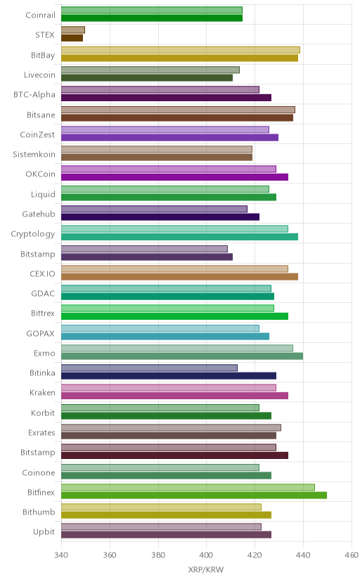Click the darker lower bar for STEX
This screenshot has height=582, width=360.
coord(72,38)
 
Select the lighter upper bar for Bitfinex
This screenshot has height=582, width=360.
coord(188,487)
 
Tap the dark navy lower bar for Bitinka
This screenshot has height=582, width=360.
coord(169,376)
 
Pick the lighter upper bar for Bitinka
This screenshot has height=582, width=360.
coord(149,368)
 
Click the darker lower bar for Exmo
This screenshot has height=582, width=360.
coord(182,356)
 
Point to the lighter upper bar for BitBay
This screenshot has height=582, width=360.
coord(181,50)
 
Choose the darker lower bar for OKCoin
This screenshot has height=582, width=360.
coord(174,177)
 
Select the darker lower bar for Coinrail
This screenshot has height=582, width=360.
coord(152,18)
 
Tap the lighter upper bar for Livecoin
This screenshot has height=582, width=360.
coord(150,70)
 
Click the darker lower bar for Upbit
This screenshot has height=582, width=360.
coord(166,535)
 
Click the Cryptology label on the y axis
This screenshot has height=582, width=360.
coord(32,234)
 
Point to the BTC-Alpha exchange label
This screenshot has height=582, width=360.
coord(34,95)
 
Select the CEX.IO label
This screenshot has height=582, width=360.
coord(42,274)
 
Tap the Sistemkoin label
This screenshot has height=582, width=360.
coord(34,155)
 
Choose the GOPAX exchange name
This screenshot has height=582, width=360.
coord(41,334)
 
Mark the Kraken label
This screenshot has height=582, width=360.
coord(42,393)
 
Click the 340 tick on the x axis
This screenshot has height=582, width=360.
coord(61,555)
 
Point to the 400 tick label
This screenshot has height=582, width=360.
coord(206,555)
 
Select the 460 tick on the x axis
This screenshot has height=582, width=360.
coord(352,555)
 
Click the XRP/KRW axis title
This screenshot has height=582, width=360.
coord(206,570)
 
